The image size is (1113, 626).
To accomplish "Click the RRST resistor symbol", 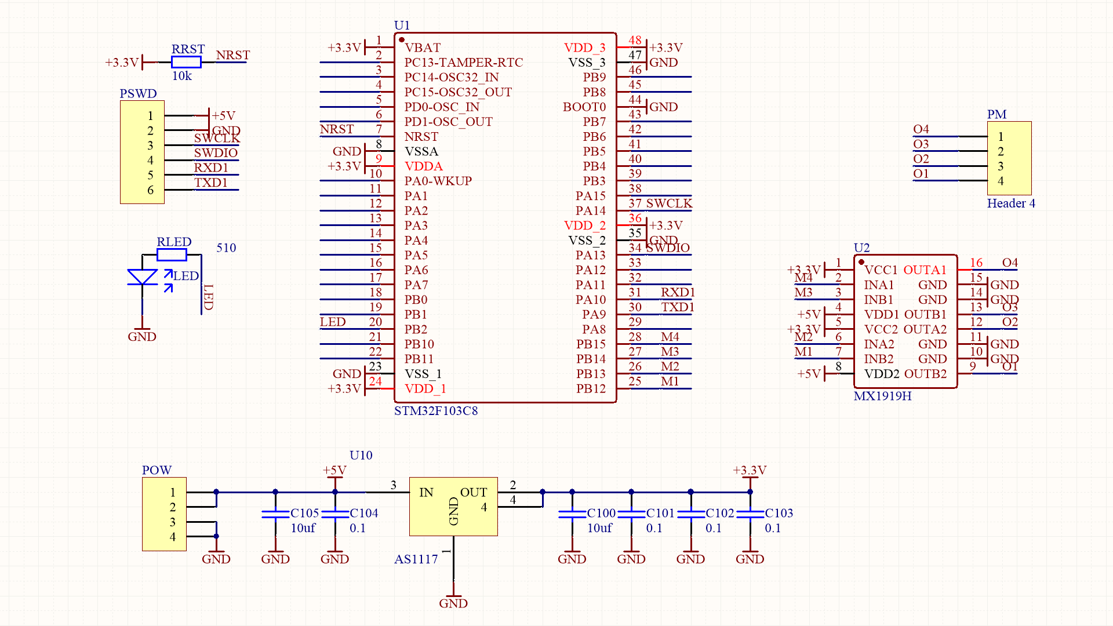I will click(186, 62).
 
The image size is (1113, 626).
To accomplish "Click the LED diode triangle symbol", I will click(142, 277).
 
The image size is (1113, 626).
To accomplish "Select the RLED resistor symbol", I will click(172, 254).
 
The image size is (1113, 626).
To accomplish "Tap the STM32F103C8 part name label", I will click(436, 411).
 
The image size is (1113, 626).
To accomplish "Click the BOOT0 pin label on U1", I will click(584, 107).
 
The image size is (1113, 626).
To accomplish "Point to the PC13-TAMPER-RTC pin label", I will click(463, 63).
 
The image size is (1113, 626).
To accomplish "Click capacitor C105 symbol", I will click(275, 514).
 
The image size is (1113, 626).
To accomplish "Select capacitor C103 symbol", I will click(750, 514).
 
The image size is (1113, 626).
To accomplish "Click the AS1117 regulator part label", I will click(416, 559).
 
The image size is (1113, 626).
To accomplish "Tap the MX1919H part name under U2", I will click(882, 396).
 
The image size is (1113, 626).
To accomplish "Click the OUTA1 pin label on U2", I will click(925, 270).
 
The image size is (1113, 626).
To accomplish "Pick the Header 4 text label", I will click(1011, 203).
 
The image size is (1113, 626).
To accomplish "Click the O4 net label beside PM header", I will click(921, 129).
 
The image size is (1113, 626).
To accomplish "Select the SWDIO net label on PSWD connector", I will click(216, 153).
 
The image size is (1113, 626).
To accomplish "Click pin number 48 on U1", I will click(635, 41).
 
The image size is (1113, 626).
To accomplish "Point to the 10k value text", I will click(181, 76).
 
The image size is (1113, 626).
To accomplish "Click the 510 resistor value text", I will click(226, 248).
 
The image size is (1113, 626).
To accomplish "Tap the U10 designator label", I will click(361, 456).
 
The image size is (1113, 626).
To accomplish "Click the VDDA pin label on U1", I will click(423, 166).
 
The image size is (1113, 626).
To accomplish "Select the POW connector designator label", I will click(157, 470).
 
